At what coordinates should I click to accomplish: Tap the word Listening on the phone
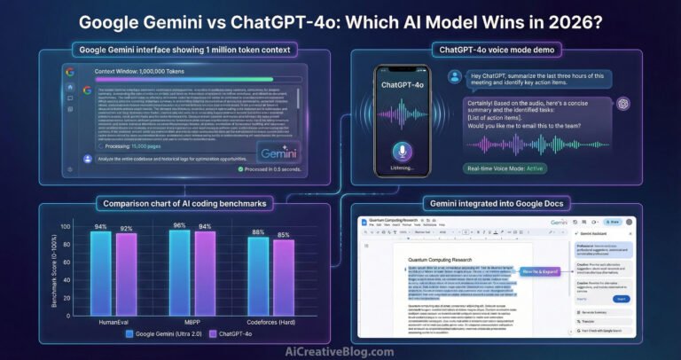click(399, 168)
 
